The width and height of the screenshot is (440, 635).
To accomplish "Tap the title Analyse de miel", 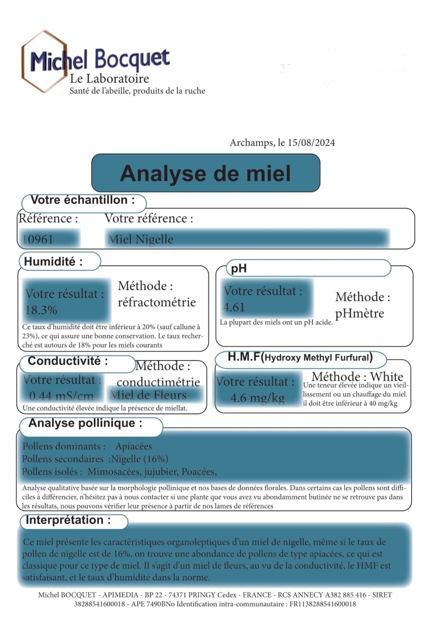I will click(205, 173).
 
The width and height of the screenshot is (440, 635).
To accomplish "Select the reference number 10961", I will click(37, 240).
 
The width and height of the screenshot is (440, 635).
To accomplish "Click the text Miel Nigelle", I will click(140, 240).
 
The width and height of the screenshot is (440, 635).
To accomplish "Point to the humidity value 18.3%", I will click(41, 310).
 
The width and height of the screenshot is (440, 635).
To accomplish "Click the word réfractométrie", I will click(156, 302).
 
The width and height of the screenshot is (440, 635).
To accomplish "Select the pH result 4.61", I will click(234, 307).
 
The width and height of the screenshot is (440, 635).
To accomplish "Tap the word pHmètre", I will click(359, 313).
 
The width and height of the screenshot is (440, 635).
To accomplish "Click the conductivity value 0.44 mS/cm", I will click(61, 396).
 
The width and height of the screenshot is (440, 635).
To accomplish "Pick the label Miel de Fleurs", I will click(148, 395).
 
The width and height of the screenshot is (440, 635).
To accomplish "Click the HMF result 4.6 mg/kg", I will click(257, 398).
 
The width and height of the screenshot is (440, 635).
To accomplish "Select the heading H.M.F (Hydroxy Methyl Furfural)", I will click(300, 357).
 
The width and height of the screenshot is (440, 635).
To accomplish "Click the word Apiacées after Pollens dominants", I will click(134, 446).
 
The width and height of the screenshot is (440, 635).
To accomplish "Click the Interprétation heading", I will click(68, 520).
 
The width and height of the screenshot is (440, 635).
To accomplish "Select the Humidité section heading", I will click(53, 262).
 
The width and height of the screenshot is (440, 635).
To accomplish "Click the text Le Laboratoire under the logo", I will click(109, 79).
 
